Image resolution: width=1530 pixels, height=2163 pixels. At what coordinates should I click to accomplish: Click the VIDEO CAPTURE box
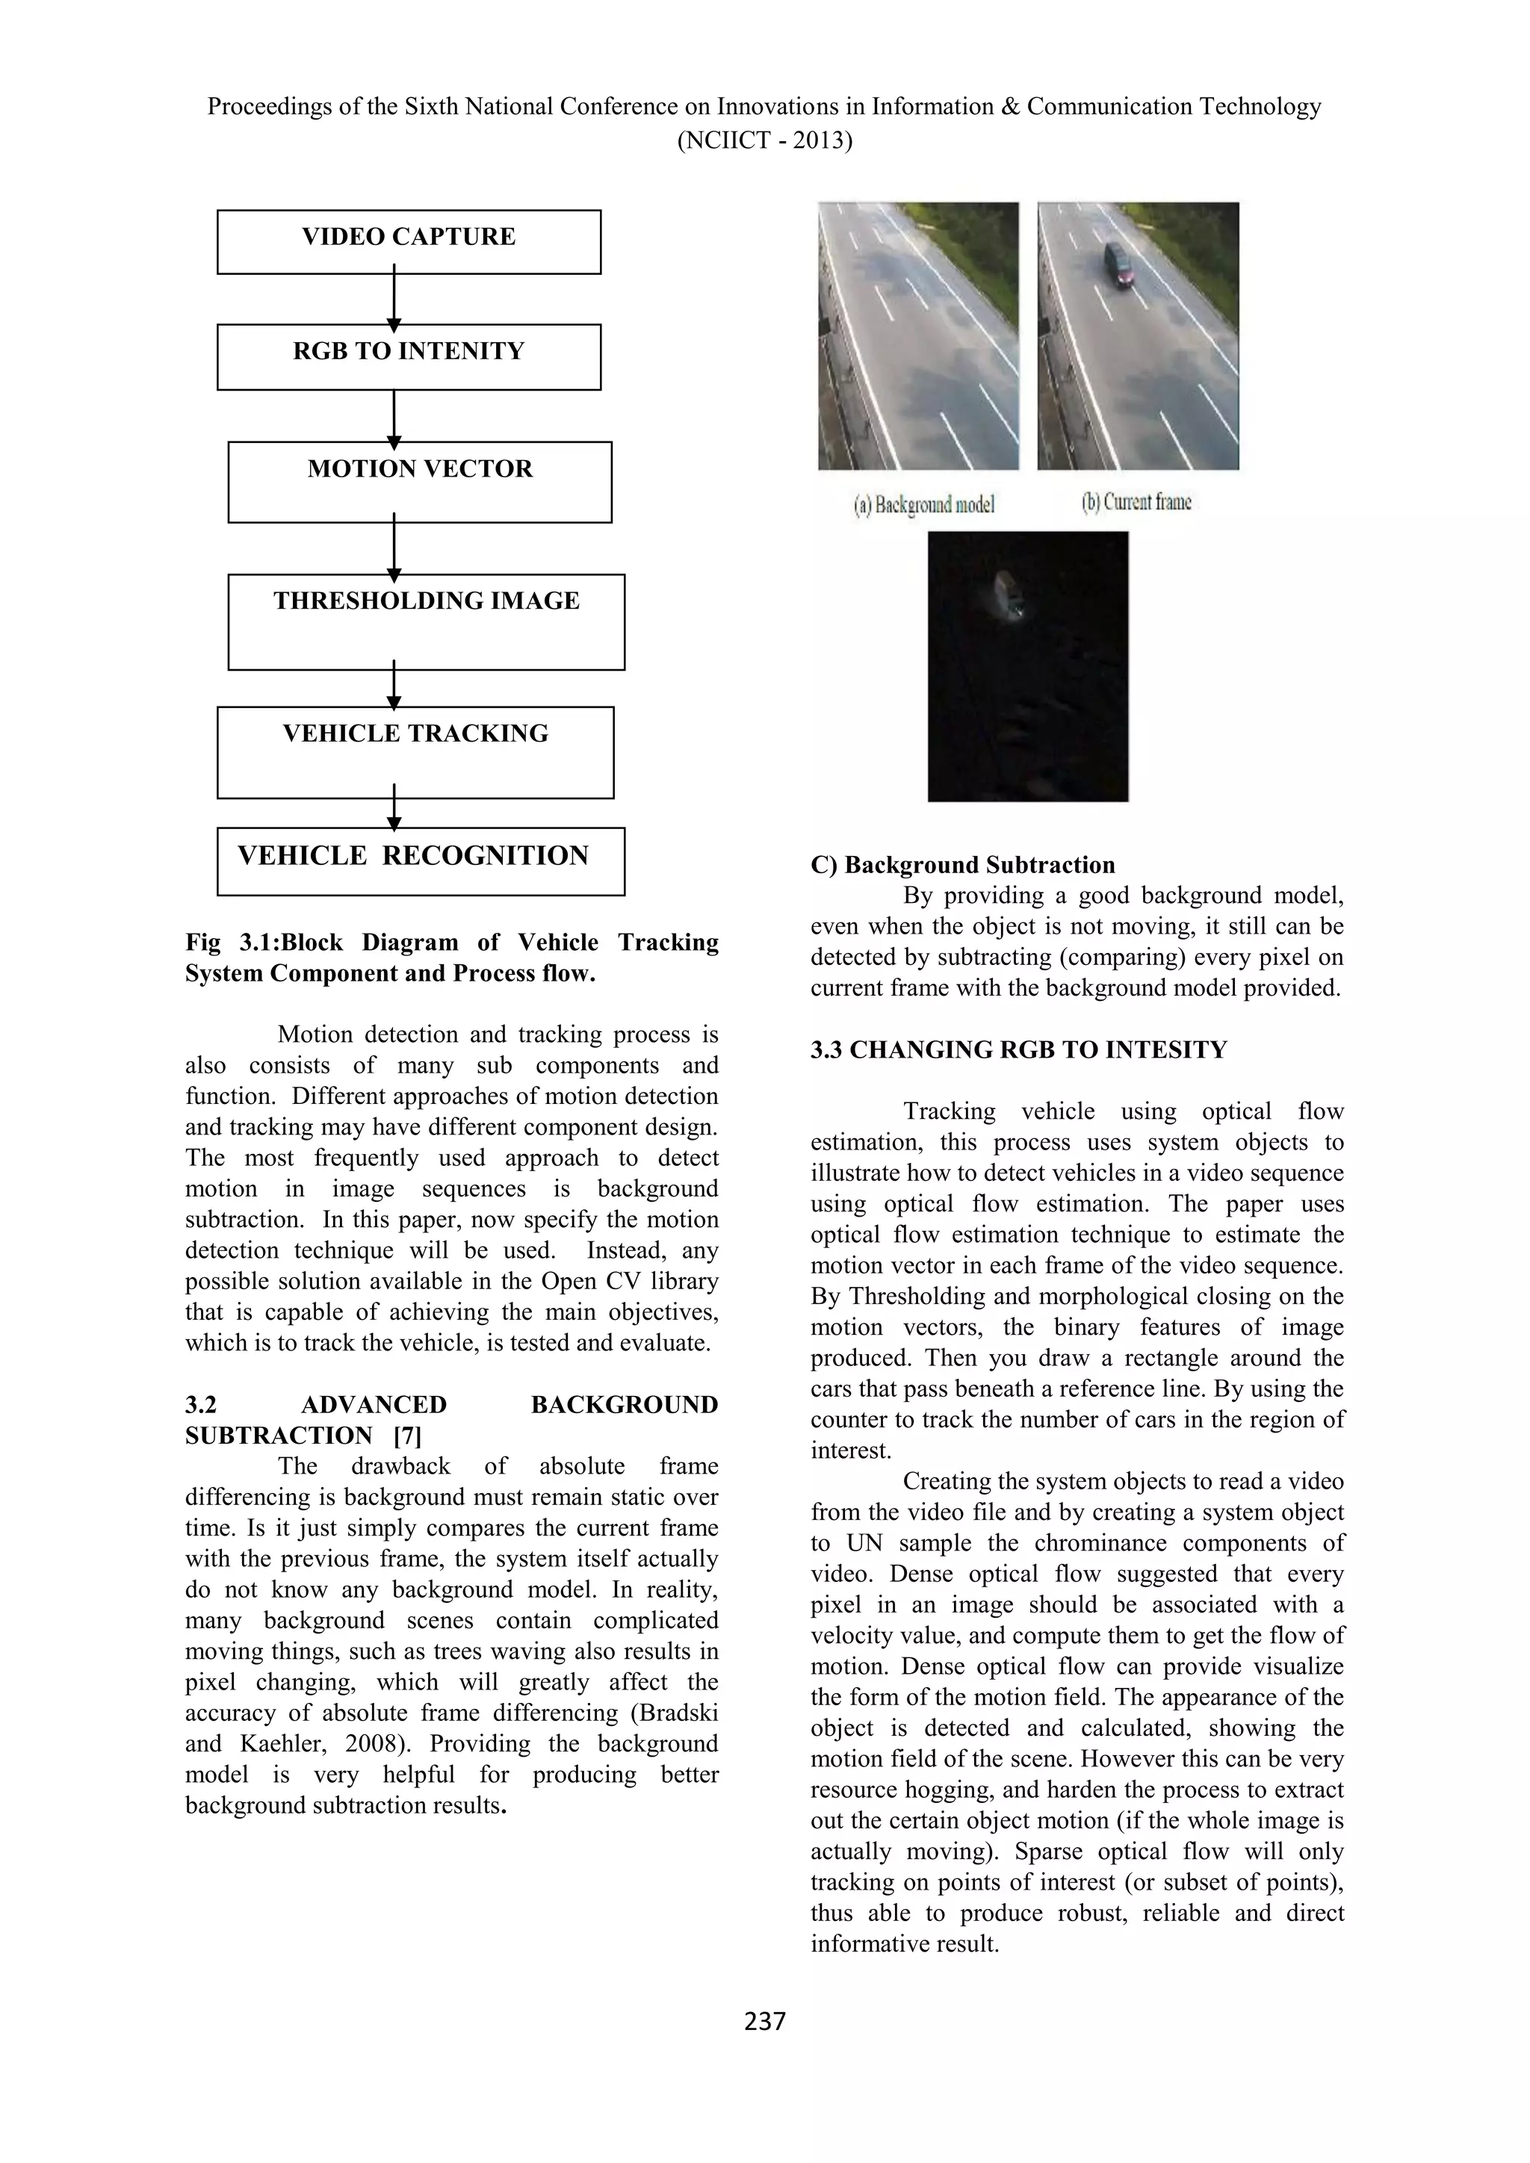pyautogui.click(x=408, y=241)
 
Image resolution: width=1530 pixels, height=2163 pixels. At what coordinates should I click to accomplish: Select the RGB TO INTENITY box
pyautogui.click(x=408, y=356)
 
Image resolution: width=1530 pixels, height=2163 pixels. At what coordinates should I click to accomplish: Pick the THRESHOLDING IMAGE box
pyautogui.click(x=426, y=621)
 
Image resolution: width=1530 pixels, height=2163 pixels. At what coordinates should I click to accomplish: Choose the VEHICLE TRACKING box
pyautogui.click(x=415, y=752)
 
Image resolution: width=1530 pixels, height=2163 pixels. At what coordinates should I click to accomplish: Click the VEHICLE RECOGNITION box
pyautogui.click(x=420, y=860)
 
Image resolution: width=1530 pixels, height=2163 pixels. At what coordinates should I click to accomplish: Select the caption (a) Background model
pyautogui.click(x=923, y=505)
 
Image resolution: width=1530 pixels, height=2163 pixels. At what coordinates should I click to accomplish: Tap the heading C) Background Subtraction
pyautogui.click(x=962, y=865)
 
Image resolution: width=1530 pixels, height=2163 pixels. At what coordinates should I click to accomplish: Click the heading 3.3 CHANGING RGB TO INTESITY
pyautogui.click(x=1018, y=1049)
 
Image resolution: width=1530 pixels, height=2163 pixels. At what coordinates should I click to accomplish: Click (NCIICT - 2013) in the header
pyautogui.click(x=764, y=141)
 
